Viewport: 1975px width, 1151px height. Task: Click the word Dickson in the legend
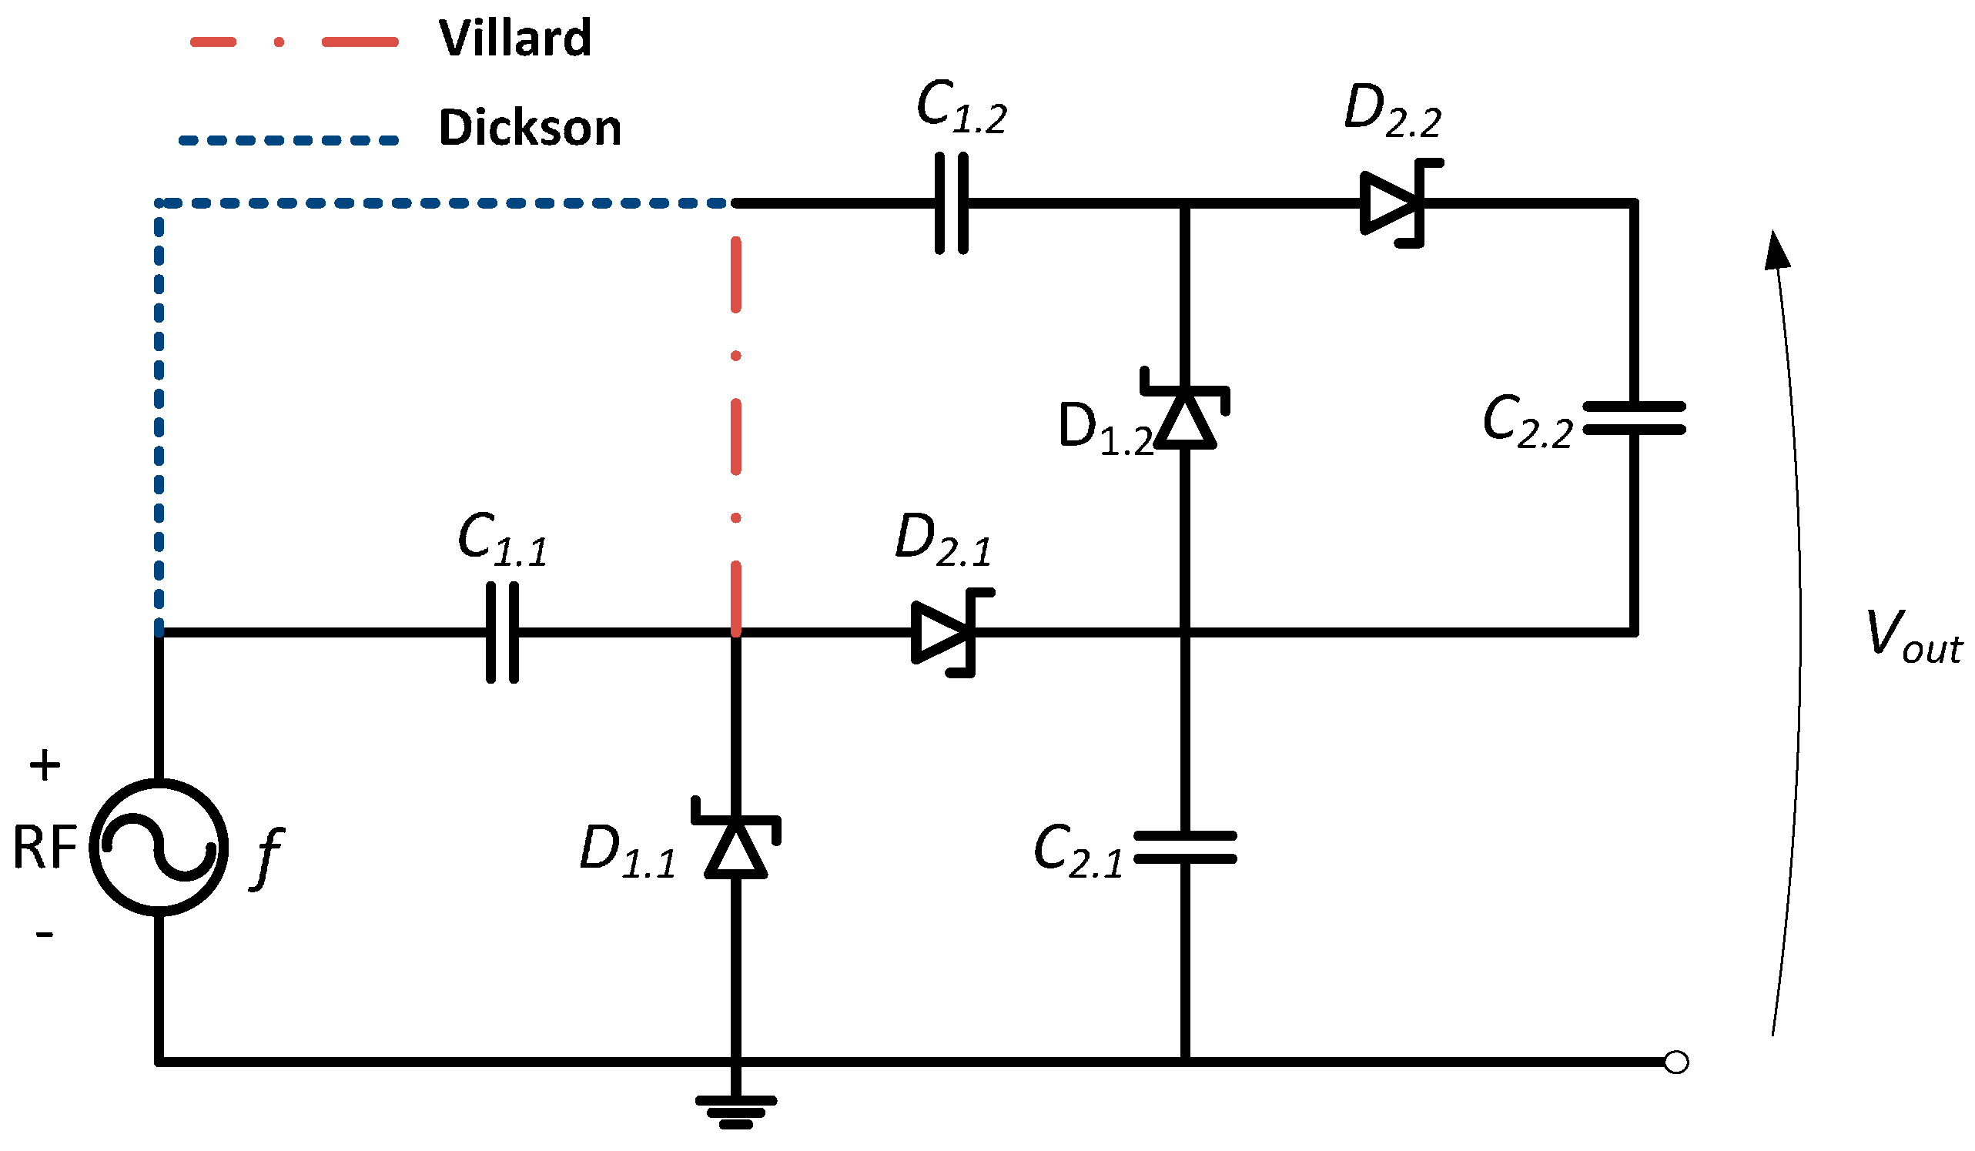(530, 128)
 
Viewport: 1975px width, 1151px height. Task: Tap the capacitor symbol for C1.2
(952, 204)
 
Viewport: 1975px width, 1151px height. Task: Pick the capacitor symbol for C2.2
(1634, 418)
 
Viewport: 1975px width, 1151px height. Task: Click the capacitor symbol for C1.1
(502, 632)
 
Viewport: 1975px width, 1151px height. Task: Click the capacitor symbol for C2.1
(1185, 848)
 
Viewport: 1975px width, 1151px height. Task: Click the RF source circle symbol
(159, 847)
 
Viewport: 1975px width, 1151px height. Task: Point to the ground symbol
(736, 1111)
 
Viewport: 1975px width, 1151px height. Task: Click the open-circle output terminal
(1675, 1062)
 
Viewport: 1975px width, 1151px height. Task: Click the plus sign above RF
(45, 765)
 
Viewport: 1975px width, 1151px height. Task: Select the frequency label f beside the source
(268, 857)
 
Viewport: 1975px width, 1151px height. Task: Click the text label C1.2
(961, 107)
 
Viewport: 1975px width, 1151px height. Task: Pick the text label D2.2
(1392, 112)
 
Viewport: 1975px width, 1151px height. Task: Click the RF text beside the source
(45, 848)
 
